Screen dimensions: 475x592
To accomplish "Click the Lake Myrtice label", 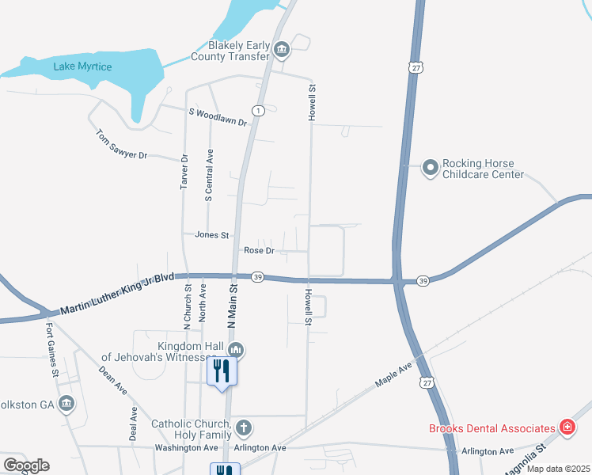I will tap(82, 66).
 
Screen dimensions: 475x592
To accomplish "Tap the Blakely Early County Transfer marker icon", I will tap(282, 51).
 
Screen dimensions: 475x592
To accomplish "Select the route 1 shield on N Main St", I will tap(258, 110).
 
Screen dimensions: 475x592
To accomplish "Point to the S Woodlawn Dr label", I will tap(218, 118).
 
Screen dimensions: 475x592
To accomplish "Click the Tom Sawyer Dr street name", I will tap(122, 144).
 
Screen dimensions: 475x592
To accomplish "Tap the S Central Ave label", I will tap(210, 177).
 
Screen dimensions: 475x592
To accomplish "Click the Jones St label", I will tap(211, 235).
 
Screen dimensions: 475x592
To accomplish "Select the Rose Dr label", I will tap(259, 251).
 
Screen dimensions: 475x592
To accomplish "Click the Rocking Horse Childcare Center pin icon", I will tap(430, 167).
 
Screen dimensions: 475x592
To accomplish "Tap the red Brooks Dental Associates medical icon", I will tap(567, 428).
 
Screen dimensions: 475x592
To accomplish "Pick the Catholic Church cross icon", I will tap(244, 428).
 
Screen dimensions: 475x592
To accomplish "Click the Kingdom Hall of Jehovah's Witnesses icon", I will tap(235, 350).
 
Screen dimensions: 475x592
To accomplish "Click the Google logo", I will tap(25, 465).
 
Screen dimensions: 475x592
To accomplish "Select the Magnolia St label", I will tap(525, 459).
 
